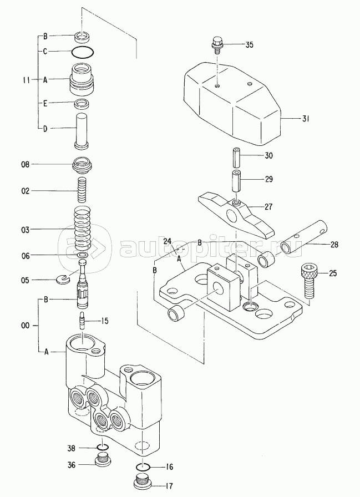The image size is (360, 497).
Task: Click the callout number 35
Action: pyautogui.click(x=250, y=45)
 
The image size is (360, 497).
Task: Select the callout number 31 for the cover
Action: pyautogui.click(x=305, y=119)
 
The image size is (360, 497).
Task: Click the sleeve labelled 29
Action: pyautogui.click(x=237, y=181)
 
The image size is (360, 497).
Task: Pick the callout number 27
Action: pyautogui.click(x=268, y=207)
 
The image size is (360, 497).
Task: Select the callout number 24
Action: pyautogui.click(x=168, y=241)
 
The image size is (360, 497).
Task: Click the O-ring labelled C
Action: pyautogui.click(x=83, y=52)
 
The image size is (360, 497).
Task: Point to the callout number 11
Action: pyautogui.click(x=27, y=80)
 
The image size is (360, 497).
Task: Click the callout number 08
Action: pyautogui.click(x=26, y=165)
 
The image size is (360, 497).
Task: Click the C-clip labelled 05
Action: pyautogui.click(x=65, y=279)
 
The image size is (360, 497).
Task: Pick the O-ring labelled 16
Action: pyautogui.click(x=143, y=466)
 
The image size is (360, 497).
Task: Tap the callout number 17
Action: pyautogui.click(x=170, y=485)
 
